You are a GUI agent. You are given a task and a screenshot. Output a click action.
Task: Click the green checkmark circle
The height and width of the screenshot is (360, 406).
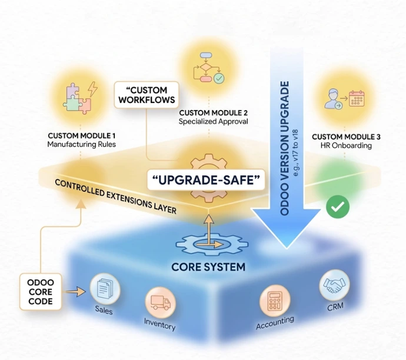338,206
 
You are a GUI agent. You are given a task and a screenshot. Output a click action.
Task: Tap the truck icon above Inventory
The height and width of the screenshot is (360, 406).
161,302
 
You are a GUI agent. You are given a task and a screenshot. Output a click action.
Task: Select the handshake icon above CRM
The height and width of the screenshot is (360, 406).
334,285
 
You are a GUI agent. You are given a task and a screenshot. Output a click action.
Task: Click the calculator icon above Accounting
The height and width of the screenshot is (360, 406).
275,300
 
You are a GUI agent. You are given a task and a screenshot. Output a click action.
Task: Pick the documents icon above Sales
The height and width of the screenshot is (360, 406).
105,289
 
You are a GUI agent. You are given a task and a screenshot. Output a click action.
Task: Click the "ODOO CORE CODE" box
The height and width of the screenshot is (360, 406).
41,292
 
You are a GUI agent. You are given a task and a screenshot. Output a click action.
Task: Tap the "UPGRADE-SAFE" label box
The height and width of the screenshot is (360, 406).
206,180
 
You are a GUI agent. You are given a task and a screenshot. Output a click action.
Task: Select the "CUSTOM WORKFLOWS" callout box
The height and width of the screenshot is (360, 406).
147,95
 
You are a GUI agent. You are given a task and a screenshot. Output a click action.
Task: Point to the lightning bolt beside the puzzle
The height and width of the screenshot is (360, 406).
92,89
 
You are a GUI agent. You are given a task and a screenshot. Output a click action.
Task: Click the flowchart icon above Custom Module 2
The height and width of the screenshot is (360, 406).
209,68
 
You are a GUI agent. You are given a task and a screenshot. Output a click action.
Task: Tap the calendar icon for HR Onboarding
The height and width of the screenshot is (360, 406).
357,99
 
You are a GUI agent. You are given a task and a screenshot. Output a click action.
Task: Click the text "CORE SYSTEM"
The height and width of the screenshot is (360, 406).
208,267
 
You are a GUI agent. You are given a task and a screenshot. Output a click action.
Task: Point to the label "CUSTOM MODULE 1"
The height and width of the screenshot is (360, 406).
82,136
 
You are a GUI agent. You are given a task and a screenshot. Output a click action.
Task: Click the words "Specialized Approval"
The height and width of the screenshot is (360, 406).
214,121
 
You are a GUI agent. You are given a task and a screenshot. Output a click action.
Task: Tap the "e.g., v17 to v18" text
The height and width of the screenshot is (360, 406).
295,153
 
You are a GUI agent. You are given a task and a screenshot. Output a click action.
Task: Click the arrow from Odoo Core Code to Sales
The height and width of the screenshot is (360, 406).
75,292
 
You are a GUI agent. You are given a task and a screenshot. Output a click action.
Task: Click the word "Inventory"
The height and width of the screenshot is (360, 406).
160,324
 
